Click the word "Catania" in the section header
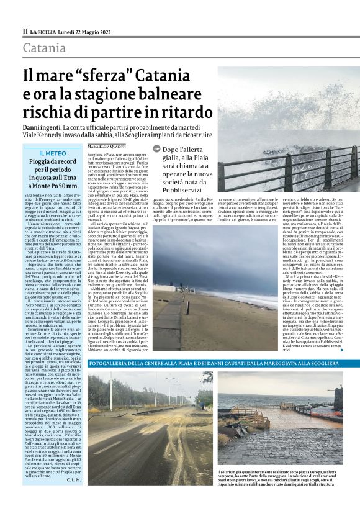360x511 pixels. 44,48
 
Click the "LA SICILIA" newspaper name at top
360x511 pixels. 44,30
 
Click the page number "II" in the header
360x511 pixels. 25,30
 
